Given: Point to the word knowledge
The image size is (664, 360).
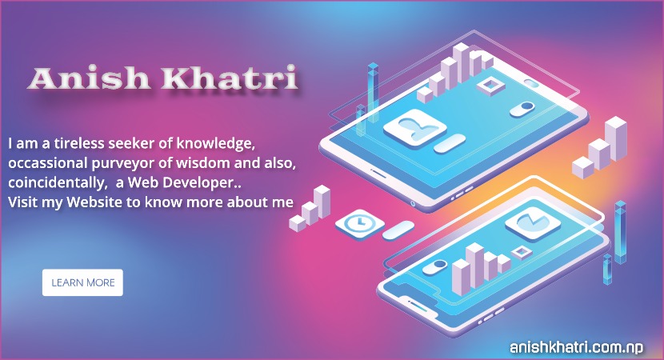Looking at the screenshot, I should pyautogui.click(x=210, y=145).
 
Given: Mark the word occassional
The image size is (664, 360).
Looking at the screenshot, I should pyautogui.click(x=47, y=163).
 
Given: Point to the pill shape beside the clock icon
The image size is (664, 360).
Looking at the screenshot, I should pyautogui.click(x=398, y=231).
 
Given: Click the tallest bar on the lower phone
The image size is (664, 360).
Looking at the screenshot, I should pyautogui.click(x=471, y=264).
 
